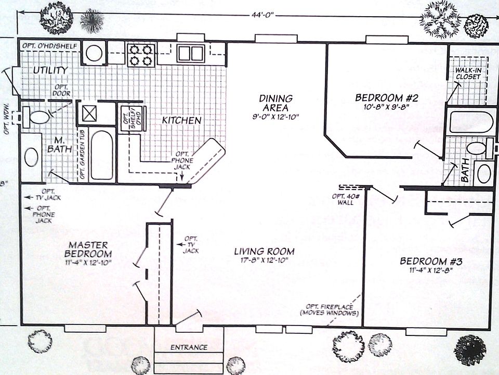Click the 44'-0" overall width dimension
pos(258,16)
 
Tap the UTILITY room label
pos(50,70)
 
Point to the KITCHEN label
pos(181,120)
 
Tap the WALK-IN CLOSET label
pos(467,74)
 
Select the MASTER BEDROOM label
pos(89,249)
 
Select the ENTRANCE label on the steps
pos(189,347)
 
